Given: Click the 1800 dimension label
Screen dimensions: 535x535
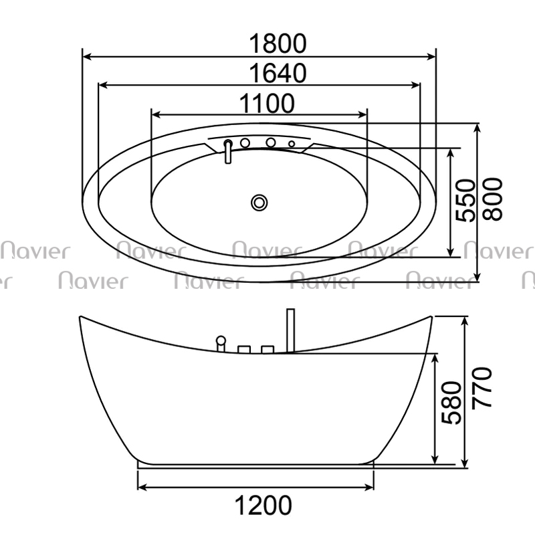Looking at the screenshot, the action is (278, 43).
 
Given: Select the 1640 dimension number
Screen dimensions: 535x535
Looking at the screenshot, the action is (278, 73).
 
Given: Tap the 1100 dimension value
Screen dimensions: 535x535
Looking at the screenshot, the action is (267, 103).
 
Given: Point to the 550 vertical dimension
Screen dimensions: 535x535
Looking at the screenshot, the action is (465, 201).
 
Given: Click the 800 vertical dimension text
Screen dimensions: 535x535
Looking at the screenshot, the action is (493, 199).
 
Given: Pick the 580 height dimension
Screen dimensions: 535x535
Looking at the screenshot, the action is (451, 403).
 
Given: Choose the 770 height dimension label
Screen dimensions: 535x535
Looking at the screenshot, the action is (481, 387).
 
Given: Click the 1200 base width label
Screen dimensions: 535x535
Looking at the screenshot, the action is (263, 505).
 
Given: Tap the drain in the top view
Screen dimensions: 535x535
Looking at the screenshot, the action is (259, 203).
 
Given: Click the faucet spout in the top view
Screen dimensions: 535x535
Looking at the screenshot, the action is (228, 152).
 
